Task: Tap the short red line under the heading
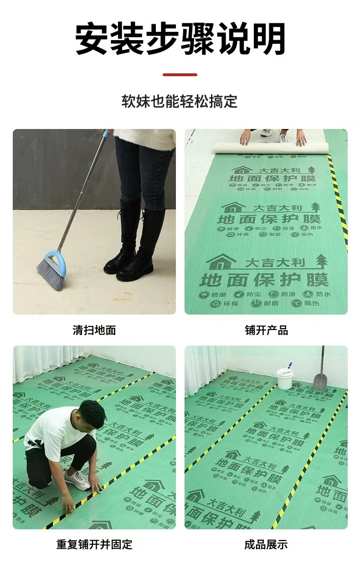[180, 74]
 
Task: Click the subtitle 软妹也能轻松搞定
[180, 101]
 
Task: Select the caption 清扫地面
[94, 330]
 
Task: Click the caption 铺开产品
[266, 330]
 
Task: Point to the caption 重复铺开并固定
[94, 544]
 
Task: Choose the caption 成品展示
[266, 544]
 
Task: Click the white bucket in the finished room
[285, 378]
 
